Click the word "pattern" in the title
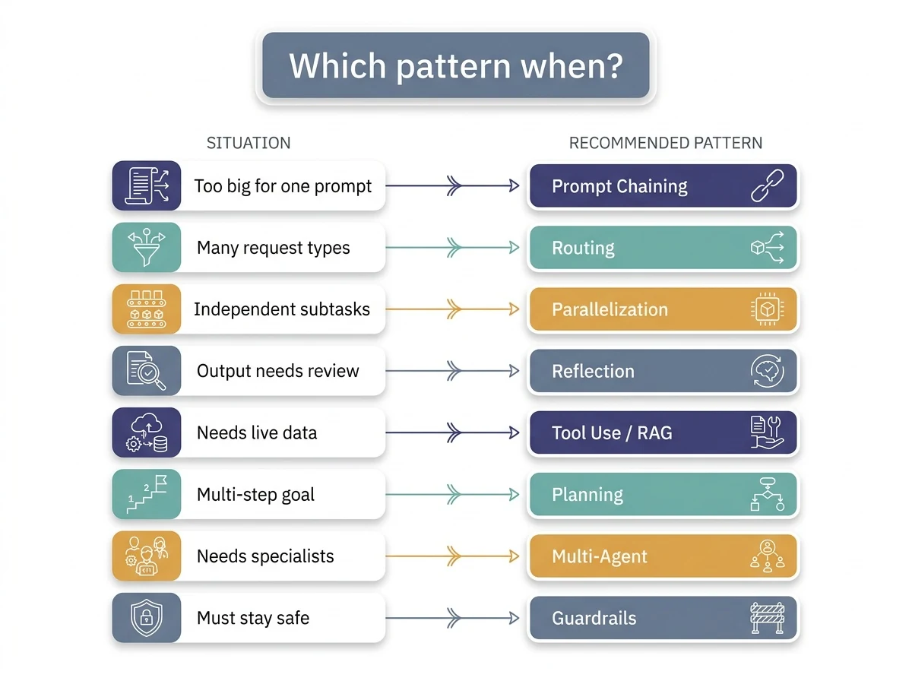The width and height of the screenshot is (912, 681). click(x=453, y=66)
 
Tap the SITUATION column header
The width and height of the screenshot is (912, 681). click(x=249, y=143)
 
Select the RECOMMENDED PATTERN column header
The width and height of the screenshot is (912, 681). click(x=665, y=143)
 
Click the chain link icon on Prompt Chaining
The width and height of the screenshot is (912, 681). click(x=767, y=185)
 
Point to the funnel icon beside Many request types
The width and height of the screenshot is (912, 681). click(x=146, y=247)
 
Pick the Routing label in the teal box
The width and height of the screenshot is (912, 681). click(x=583, y=248)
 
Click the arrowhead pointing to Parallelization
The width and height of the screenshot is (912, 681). click(x=514, y=309)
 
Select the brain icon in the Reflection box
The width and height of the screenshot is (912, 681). click(x=767, y=371)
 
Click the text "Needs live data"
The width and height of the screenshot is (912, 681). click(x=257, y=432)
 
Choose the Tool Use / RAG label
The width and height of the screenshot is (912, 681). click(x=612, y=432)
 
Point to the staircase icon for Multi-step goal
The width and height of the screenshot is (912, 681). click(x=146, y=494)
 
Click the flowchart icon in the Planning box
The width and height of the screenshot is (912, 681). click(x=767, y=494)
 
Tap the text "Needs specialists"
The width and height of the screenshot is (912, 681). click(x=265, y=556)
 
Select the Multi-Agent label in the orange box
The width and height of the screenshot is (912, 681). click(x=599, y=556)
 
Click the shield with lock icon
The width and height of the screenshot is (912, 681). click(x=146, y=618)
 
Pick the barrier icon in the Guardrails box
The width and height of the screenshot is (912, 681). click(x=767, y=618)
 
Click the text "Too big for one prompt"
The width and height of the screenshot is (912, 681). click(x=283, y=186)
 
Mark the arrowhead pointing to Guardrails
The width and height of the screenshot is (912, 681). click(x=514, y=618)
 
